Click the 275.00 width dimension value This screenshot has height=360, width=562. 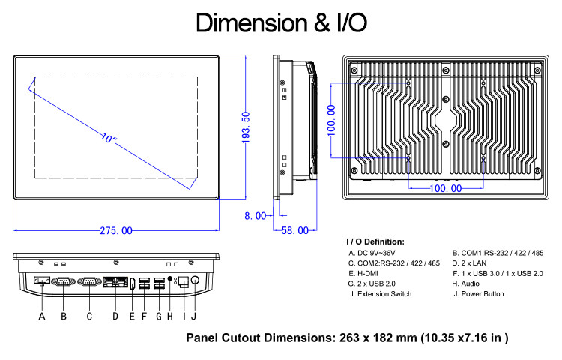point(115,230)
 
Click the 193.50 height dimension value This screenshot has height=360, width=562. point(246,127)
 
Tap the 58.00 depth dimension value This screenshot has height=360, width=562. point(295,230)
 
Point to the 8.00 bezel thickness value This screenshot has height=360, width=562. point(256,216)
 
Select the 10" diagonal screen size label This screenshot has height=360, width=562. point(109,138)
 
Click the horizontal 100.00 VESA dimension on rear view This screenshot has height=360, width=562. point(446,188)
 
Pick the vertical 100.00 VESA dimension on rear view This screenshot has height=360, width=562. point(331,121)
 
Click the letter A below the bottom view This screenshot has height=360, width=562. point(42,316)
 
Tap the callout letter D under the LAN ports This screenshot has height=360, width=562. point(115,316)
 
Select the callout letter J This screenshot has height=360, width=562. point(194,316)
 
